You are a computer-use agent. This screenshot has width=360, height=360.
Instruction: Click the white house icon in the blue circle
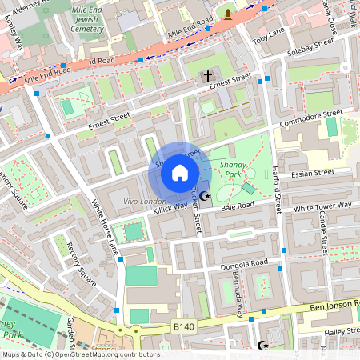[180, 173]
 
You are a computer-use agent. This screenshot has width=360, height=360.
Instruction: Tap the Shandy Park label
[234, 169]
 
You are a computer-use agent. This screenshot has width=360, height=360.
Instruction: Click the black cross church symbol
[208, 77]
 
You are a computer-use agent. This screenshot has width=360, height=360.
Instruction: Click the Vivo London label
[145, 201]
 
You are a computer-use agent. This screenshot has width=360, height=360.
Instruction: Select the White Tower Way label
[322, 206]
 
